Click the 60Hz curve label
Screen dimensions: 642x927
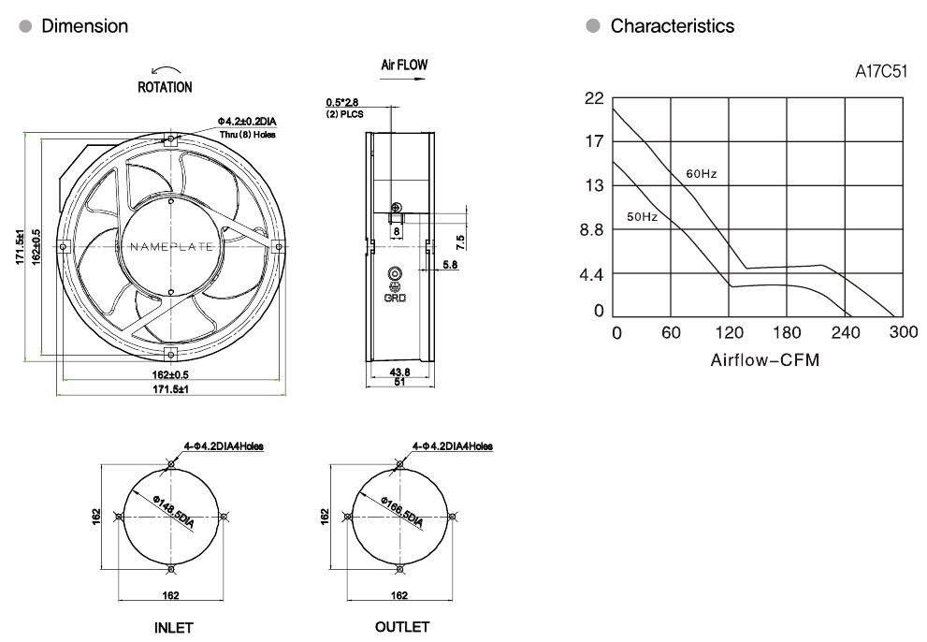[x=701, y=174]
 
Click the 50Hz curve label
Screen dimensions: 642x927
[x=642, y=217]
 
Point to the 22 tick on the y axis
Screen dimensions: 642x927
[x=594, y=98]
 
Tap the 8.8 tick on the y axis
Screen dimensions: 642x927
[x=591, y=229]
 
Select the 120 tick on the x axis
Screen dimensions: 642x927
[x=730, y=333]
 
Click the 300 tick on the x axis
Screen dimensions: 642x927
[x=904, y=333]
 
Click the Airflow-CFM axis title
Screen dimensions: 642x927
[x=764, y=359]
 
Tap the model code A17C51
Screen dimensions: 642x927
[x=882, y=71]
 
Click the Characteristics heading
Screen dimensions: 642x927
[x=672, y=26]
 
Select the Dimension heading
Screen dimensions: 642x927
[x=84, y=26]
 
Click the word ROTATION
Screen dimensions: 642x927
[x=165, y=87]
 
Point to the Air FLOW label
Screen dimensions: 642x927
[x=404, y=66]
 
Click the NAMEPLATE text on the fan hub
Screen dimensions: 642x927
[x=169, y=247]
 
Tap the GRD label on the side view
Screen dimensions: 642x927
[x=395, y=299]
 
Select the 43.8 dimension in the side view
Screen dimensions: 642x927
[x=399, y=372]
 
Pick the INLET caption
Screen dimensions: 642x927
[x=174, y=628]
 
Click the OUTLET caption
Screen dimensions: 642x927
[x=401, y=627]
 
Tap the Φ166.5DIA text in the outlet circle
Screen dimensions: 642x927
[x=403, y=513]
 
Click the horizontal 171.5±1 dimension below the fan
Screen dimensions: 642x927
[x=170, y=388]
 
